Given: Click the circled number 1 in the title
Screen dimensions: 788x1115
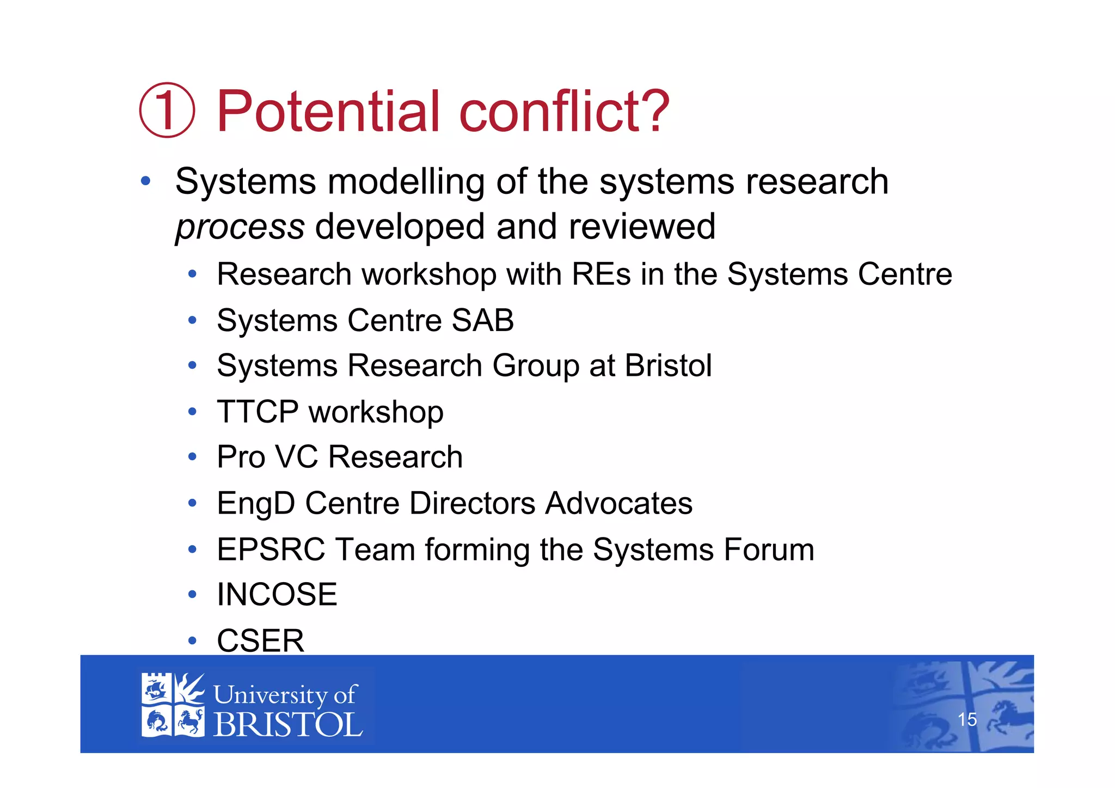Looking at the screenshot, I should coord(167,110).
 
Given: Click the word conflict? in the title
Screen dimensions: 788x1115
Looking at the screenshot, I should coord(564,111).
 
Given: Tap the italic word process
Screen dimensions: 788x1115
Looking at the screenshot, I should coord(240,228).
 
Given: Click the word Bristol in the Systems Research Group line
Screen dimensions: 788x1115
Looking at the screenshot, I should coord(668,365).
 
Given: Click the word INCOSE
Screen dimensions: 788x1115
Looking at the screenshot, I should coord(277,595).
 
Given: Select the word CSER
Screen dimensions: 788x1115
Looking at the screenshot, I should coord(260,641).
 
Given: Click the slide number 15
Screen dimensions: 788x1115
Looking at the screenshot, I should coord(967,719).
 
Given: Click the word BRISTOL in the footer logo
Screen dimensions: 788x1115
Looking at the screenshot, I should coord(287,725).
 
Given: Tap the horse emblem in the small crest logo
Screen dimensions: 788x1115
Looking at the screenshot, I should coord(189,722).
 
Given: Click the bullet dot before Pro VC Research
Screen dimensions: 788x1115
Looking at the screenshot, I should coord(192,457).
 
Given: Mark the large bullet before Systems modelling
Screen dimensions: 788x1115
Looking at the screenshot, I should coord(145,181).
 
